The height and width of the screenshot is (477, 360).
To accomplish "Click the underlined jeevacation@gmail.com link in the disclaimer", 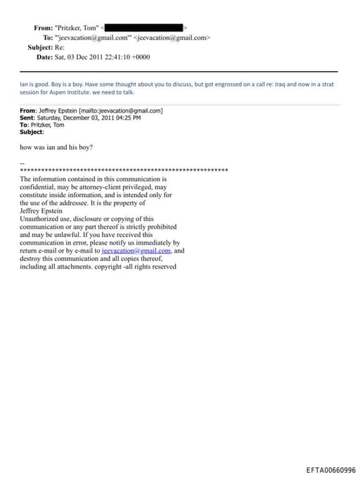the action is click(136, 250).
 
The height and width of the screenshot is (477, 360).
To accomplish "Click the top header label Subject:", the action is click(40, 47).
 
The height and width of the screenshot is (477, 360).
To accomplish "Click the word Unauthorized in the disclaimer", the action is click(39, 219).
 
